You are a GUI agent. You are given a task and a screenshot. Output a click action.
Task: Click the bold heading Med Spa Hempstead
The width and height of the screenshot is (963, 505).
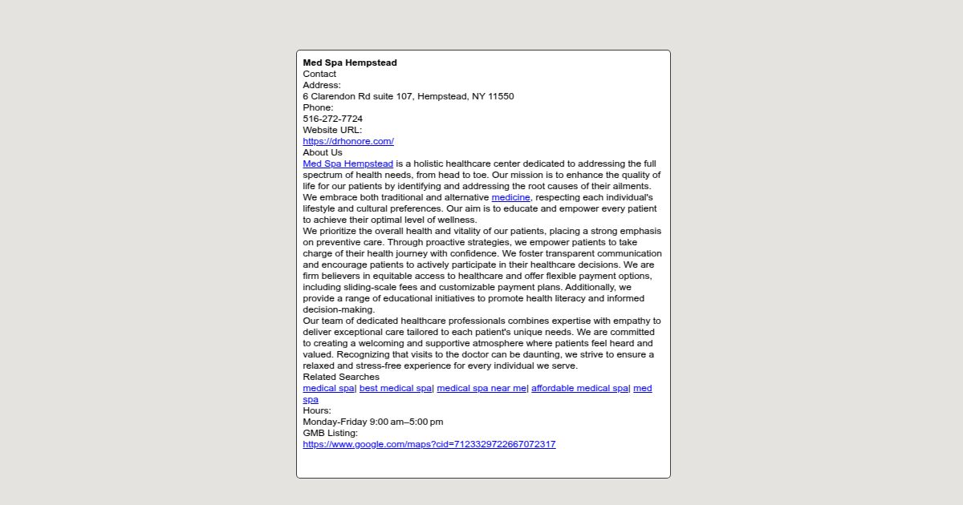(x=350, y=63)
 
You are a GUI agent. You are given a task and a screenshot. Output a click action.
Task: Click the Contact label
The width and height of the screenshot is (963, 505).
(x=319, y=74)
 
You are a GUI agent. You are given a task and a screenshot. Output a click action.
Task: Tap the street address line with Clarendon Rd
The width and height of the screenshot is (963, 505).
(x=408, y=96)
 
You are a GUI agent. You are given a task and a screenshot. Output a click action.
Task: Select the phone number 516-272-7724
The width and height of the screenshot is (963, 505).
(x=332, y=119)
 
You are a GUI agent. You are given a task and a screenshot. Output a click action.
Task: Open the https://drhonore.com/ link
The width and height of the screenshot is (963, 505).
(x=348, y=141)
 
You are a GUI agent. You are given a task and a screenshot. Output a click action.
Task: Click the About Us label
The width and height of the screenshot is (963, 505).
(x=323, y=152)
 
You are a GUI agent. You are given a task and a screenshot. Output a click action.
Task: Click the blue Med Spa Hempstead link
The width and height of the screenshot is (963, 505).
(x=348, y=164)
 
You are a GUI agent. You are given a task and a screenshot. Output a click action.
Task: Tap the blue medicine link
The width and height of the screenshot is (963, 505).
(x=510, y=197)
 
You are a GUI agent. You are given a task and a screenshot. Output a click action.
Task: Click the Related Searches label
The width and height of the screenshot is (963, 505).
(x=341, y=377)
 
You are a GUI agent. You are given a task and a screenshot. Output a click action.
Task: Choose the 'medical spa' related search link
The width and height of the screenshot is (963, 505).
(x=328, y=388)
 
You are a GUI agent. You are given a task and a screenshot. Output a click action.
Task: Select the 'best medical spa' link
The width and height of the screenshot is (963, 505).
(x=396, y=388)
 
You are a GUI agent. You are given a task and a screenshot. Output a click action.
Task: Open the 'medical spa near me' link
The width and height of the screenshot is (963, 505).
(x=481, y=388)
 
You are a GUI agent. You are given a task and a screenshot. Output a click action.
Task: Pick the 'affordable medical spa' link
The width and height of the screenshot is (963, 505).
(x=579, y=388)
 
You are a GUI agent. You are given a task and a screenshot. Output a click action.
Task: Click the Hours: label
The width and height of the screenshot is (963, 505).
(x=317, y=410)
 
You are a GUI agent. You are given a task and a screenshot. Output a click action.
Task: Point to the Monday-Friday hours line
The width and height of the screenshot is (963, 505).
(x=373, y=422)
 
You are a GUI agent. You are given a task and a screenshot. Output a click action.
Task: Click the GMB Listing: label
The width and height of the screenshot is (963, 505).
(x=330, y=433)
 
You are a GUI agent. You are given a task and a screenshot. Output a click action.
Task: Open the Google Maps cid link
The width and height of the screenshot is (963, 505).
(x=429, y=444)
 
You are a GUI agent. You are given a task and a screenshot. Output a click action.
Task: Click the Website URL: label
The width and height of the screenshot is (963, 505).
(x=332, y=130)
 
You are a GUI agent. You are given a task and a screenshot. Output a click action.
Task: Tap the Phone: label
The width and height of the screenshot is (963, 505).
(x=318, y=107)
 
